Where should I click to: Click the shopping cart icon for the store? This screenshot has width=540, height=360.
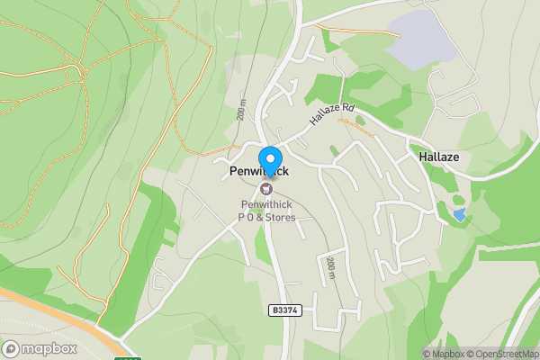pyautogui.click(x=266, y=188)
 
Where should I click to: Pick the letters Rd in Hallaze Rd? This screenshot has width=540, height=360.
pyautogui.click(x=347, y=109)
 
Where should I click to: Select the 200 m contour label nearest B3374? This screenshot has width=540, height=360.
pyautogui.click(x=330, y=268)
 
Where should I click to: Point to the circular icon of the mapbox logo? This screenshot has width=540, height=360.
pyautogui.click(x=12, y=348)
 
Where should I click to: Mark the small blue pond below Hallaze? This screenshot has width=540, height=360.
pyautogui.click(x=460, y=215)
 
